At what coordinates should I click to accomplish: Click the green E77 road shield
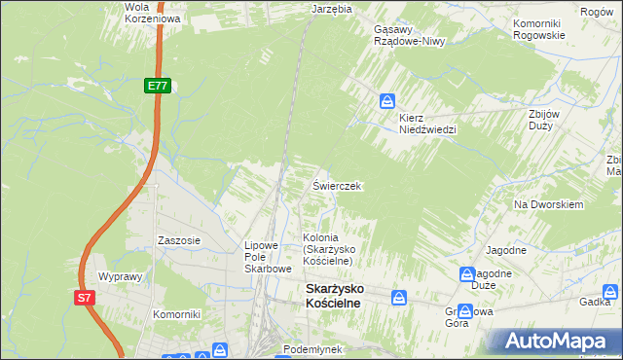(159, 87)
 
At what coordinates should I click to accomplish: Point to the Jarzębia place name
(331, 8)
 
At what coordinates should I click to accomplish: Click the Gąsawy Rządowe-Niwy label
(409, 35)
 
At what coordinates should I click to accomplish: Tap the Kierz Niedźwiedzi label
(426, 123)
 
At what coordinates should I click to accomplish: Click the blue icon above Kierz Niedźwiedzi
(387, 100)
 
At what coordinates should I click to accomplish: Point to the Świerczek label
(337, 185)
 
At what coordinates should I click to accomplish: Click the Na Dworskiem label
(548, 205)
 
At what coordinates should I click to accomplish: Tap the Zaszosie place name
(179, 239)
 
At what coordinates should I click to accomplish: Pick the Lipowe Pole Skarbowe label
(268, 257)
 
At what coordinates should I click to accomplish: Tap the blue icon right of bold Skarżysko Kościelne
(398, 296)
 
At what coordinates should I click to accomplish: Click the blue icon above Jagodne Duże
(466, 274)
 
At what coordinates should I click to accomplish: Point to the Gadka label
(595, 303)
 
